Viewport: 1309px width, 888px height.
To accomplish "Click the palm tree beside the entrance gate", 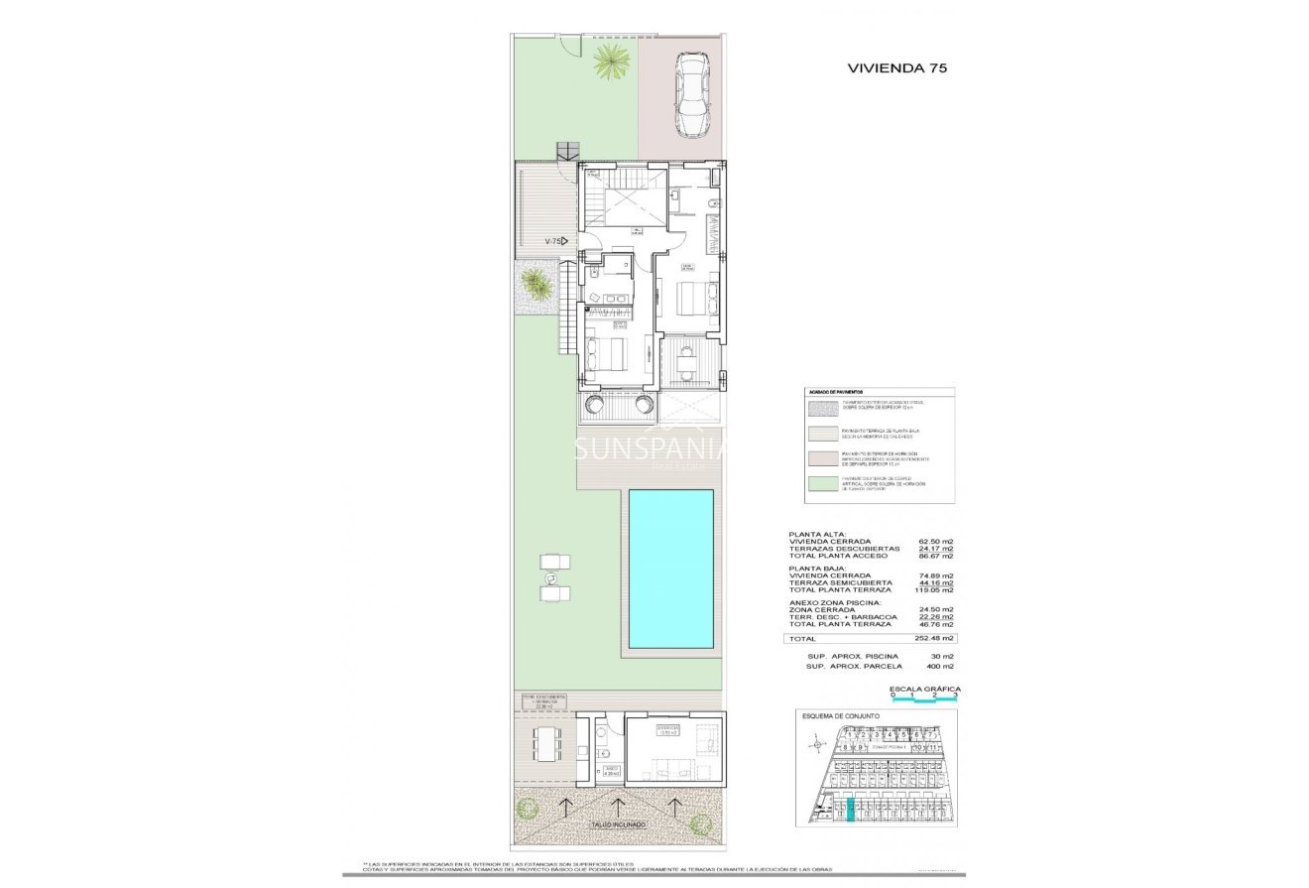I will pyautogui.click(x=611, y=63).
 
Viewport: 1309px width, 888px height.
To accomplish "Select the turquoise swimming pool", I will pyautogui.click(x=670, y=569).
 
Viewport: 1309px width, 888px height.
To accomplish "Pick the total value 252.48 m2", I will pyautogui.click(x=935, y=639).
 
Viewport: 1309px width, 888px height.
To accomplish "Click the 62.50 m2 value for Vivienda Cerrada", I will pyautogui.click(x=935, y=541).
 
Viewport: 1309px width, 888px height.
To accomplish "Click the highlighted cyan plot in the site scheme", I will pyautogui.click(x=850, y=810).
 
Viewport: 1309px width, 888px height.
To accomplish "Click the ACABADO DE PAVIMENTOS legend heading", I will pyautogui.click(x=837, y=393).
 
